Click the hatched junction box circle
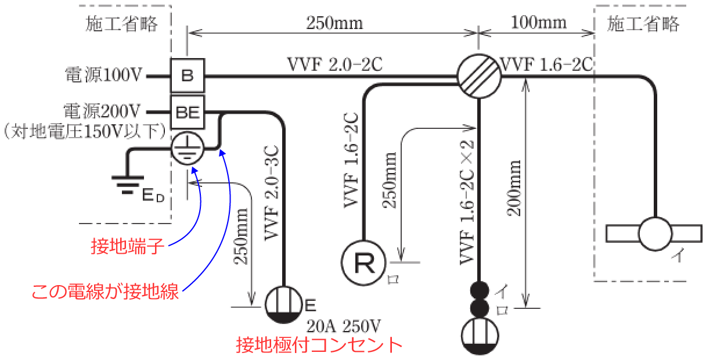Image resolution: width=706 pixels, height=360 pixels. [479, 76]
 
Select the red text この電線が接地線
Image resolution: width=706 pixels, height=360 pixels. [105, 290]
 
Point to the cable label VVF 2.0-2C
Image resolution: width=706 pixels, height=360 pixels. [335, 63]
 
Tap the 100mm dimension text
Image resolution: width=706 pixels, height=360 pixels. [538, 23]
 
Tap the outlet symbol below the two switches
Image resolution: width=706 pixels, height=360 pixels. [480, 336]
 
